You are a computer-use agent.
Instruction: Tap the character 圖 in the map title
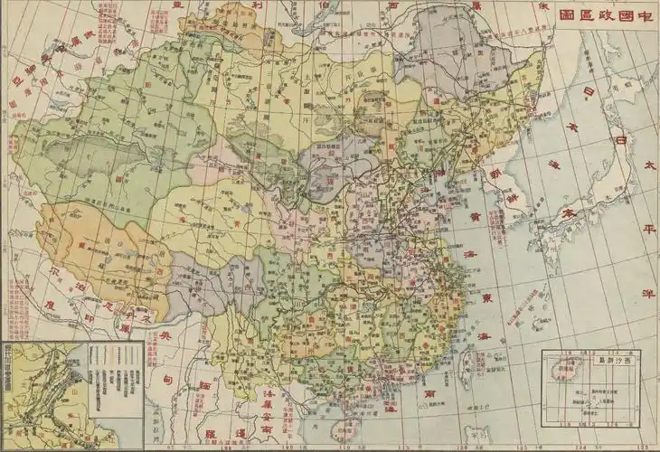567,15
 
